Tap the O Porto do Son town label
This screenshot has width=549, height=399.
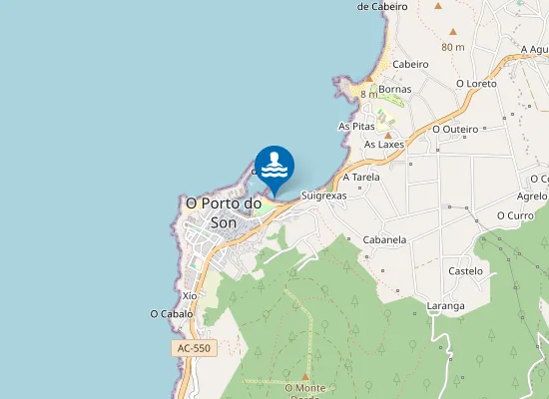coord(224,212)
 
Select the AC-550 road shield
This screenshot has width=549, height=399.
coord(194,348)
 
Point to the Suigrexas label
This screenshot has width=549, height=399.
coord(323,197)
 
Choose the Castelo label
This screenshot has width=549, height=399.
coord(466,270)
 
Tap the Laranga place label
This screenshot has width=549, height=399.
coord(445,306)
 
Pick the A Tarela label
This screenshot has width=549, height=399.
coord(361,177)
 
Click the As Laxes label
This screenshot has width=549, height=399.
coord(384,145)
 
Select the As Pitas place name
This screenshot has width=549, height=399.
coord(356,127)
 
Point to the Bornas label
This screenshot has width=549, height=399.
coord(395,89)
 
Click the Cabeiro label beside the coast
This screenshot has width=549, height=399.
coord(410,64)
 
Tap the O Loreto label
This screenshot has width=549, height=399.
coord(476,83)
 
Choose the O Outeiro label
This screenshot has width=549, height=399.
coord(455,129)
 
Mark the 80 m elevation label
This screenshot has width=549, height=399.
coord(452,47)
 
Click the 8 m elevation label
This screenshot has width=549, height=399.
coord(369,93)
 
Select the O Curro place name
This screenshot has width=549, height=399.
coord(515,215)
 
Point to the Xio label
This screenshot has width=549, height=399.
coord(190,296)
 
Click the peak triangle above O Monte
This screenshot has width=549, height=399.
coord(305,376)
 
